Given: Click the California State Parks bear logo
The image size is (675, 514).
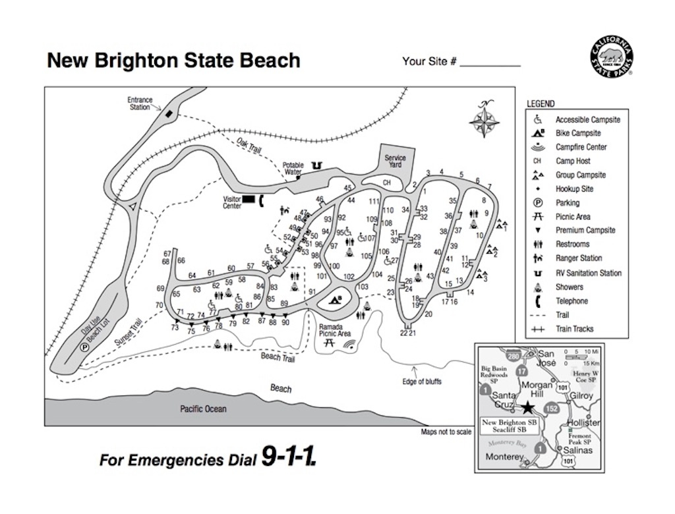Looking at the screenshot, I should pos(611,55).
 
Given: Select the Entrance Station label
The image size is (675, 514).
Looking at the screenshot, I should pos(139,103).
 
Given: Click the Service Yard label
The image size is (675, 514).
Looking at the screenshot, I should pos(395,161).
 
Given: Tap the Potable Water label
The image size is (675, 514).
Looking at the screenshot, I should pos(293,169).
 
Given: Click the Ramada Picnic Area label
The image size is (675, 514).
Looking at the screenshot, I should pos(336,330).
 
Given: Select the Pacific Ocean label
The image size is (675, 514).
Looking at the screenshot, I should pos(203,409).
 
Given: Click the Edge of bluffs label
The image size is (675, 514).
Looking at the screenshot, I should pos(421,382).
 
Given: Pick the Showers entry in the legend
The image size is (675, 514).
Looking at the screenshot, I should pos(569,287).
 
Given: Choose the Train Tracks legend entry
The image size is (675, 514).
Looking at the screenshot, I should pos(573,329).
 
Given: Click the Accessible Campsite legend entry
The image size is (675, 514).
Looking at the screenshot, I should pos(587,120).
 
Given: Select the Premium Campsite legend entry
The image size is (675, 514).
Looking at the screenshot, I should pos(585,231).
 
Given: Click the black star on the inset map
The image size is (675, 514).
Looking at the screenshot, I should pos(529,408).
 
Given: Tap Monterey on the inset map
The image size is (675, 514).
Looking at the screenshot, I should pos(504,457).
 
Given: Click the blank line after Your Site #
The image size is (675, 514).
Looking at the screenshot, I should pos(490,65).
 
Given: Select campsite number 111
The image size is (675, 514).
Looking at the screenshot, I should pos(374,202).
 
